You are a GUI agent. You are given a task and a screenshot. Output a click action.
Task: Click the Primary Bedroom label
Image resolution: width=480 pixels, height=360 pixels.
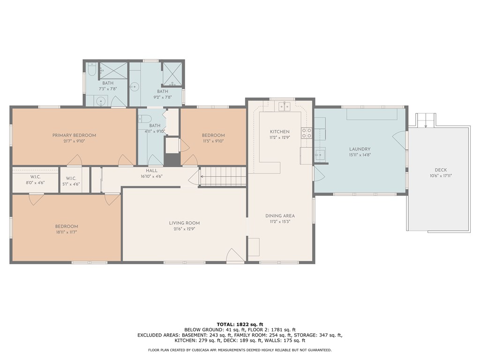[74, 135]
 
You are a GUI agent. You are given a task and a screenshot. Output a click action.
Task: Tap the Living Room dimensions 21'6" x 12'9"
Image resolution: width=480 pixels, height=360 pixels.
[184, 229]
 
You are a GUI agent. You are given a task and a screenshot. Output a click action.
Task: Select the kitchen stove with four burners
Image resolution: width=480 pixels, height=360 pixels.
[307, 133]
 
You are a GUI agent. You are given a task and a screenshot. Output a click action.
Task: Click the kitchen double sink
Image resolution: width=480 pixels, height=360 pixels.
[284, 106]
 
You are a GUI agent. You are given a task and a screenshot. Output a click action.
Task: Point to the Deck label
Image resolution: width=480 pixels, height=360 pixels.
[441, 170]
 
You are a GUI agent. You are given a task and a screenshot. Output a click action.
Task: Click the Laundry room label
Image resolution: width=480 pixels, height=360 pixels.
[360, 149]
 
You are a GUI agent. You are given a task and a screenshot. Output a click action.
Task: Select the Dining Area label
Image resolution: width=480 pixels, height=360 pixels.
[280, 216]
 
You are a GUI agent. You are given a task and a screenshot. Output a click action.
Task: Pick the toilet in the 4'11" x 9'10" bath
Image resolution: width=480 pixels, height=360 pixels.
[144, 119]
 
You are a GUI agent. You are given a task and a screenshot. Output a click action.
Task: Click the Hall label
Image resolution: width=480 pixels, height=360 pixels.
[151, 171]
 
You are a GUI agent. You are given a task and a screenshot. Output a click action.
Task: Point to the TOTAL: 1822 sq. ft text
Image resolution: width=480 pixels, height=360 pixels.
[240, 324]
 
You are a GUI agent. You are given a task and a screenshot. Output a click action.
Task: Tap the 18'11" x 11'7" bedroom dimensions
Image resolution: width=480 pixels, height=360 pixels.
[67, 232]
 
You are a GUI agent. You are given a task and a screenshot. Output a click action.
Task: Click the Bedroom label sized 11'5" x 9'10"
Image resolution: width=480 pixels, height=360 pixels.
[213, 135]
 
